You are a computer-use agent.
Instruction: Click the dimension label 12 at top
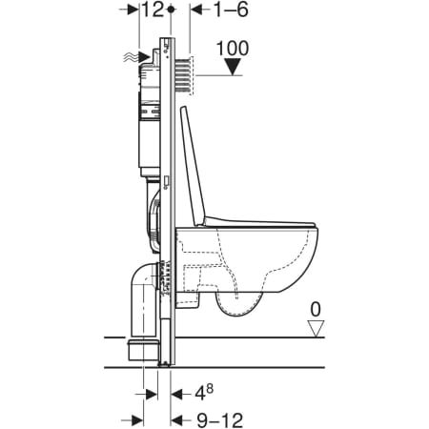pos(153,10)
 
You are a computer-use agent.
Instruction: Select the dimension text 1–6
pos(231,10)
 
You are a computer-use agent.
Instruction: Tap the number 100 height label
pos(233,49)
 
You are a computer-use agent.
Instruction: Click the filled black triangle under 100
pos(233,67)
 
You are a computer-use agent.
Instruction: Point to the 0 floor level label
pos(316,310)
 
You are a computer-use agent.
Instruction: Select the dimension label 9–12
pos(220,420)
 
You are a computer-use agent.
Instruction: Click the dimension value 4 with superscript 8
pos(204,393)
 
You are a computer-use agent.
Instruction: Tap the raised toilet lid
pos(193,167)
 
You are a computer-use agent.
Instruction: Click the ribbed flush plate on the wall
pos(184,75)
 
